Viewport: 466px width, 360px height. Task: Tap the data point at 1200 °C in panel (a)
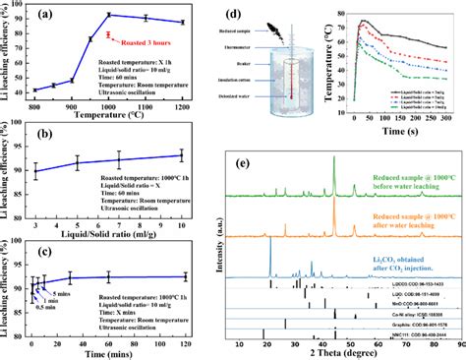[181, 22]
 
